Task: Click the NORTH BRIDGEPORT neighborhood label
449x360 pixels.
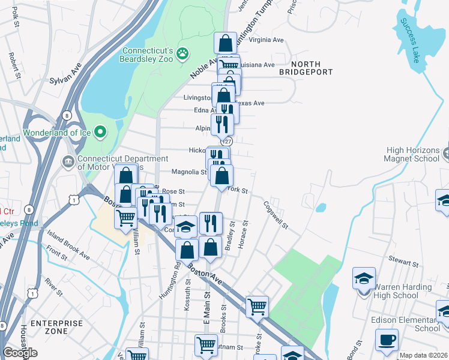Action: click(306, 68)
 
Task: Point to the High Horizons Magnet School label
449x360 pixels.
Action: click(414, 155)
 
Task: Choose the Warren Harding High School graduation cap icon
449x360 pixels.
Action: click(364, 279)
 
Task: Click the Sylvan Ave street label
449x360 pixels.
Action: click(65, 75)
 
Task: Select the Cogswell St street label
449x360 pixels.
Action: click(276, 215)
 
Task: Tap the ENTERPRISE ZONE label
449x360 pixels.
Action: click(56, 327)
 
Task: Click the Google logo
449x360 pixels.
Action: click(20, 353)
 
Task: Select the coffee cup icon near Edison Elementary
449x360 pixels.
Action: click(387, 340)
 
